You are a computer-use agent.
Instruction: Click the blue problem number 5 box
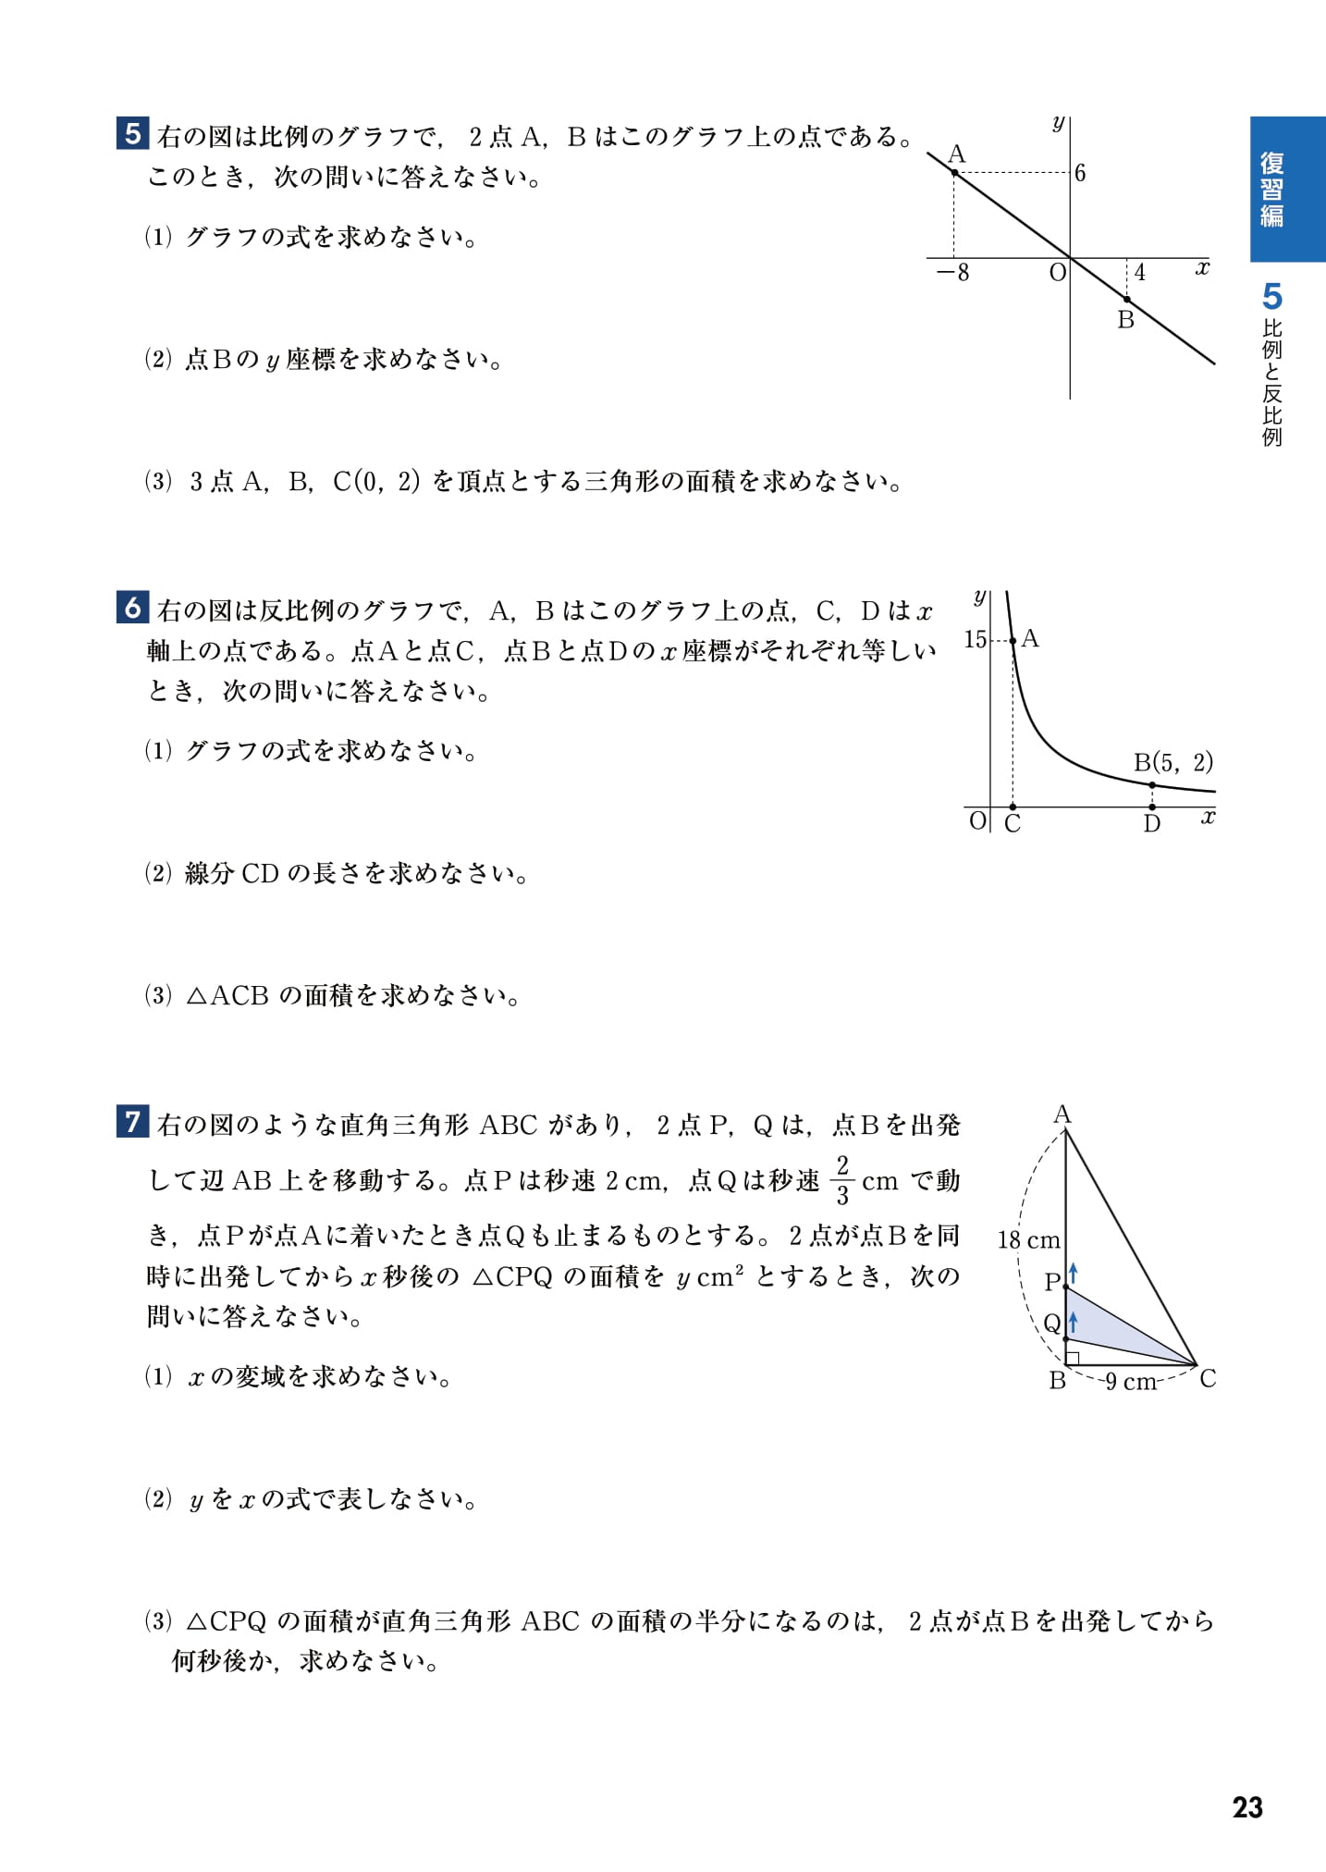tap(132, 133)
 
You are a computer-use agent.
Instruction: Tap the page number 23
tap(1246, 1807)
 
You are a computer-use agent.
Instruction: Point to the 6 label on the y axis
tap(1080, 173)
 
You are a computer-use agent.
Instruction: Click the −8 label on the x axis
tap(952, 273)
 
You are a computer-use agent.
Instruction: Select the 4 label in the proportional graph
tap(1139, 273)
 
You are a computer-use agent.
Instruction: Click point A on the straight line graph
tap(954, 172)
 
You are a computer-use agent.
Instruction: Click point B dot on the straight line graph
tap(1126, 299)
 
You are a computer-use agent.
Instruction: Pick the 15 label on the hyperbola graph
tap(975, 639)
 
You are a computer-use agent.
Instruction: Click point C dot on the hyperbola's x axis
tap(1013, 807)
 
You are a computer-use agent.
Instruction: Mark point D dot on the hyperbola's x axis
tap(1151, 807)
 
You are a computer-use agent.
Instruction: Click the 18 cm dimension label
tap(1028, 1240)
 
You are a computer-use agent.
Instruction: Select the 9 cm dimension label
tap(1130, 1382)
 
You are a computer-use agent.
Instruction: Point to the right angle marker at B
tap(1073, 1358)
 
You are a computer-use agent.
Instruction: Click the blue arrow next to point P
tap(1074, 1273)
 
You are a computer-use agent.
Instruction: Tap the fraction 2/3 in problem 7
tap(841, 1180)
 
